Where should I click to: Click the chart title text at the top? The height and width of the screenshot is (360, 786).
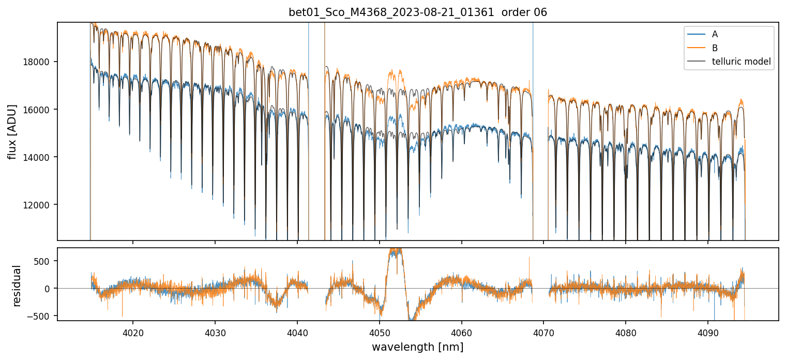click(x=418, y=12)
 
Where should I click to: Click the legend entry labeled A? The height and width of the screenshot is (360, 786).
click(x=715, y=34)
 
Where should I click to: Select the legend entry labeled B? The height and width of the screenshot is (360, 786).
click(x=715, y=48)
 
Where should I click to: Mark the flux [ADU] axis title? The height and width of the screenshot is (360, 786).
click(x=12, y=131)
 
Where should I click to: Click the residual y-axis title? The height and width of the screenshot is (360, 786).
click(x=17, y=286)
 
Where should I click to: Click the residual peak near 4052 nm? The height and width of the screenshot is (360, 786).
click(x=395, y=251)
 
